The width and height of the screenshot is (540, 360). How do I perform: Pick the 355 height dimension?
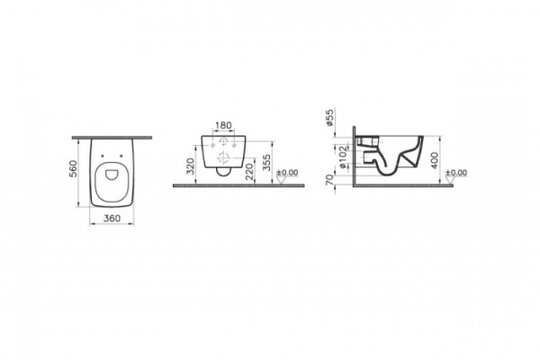[265, 164]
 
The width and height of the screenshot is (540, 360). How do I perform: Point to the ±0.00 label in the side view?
[457, 172]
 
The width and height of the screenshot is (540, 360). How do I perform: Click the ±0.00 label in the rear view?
[287, 172]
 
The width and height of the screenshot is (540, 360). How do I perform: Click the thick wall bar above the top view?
[112, 137]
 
